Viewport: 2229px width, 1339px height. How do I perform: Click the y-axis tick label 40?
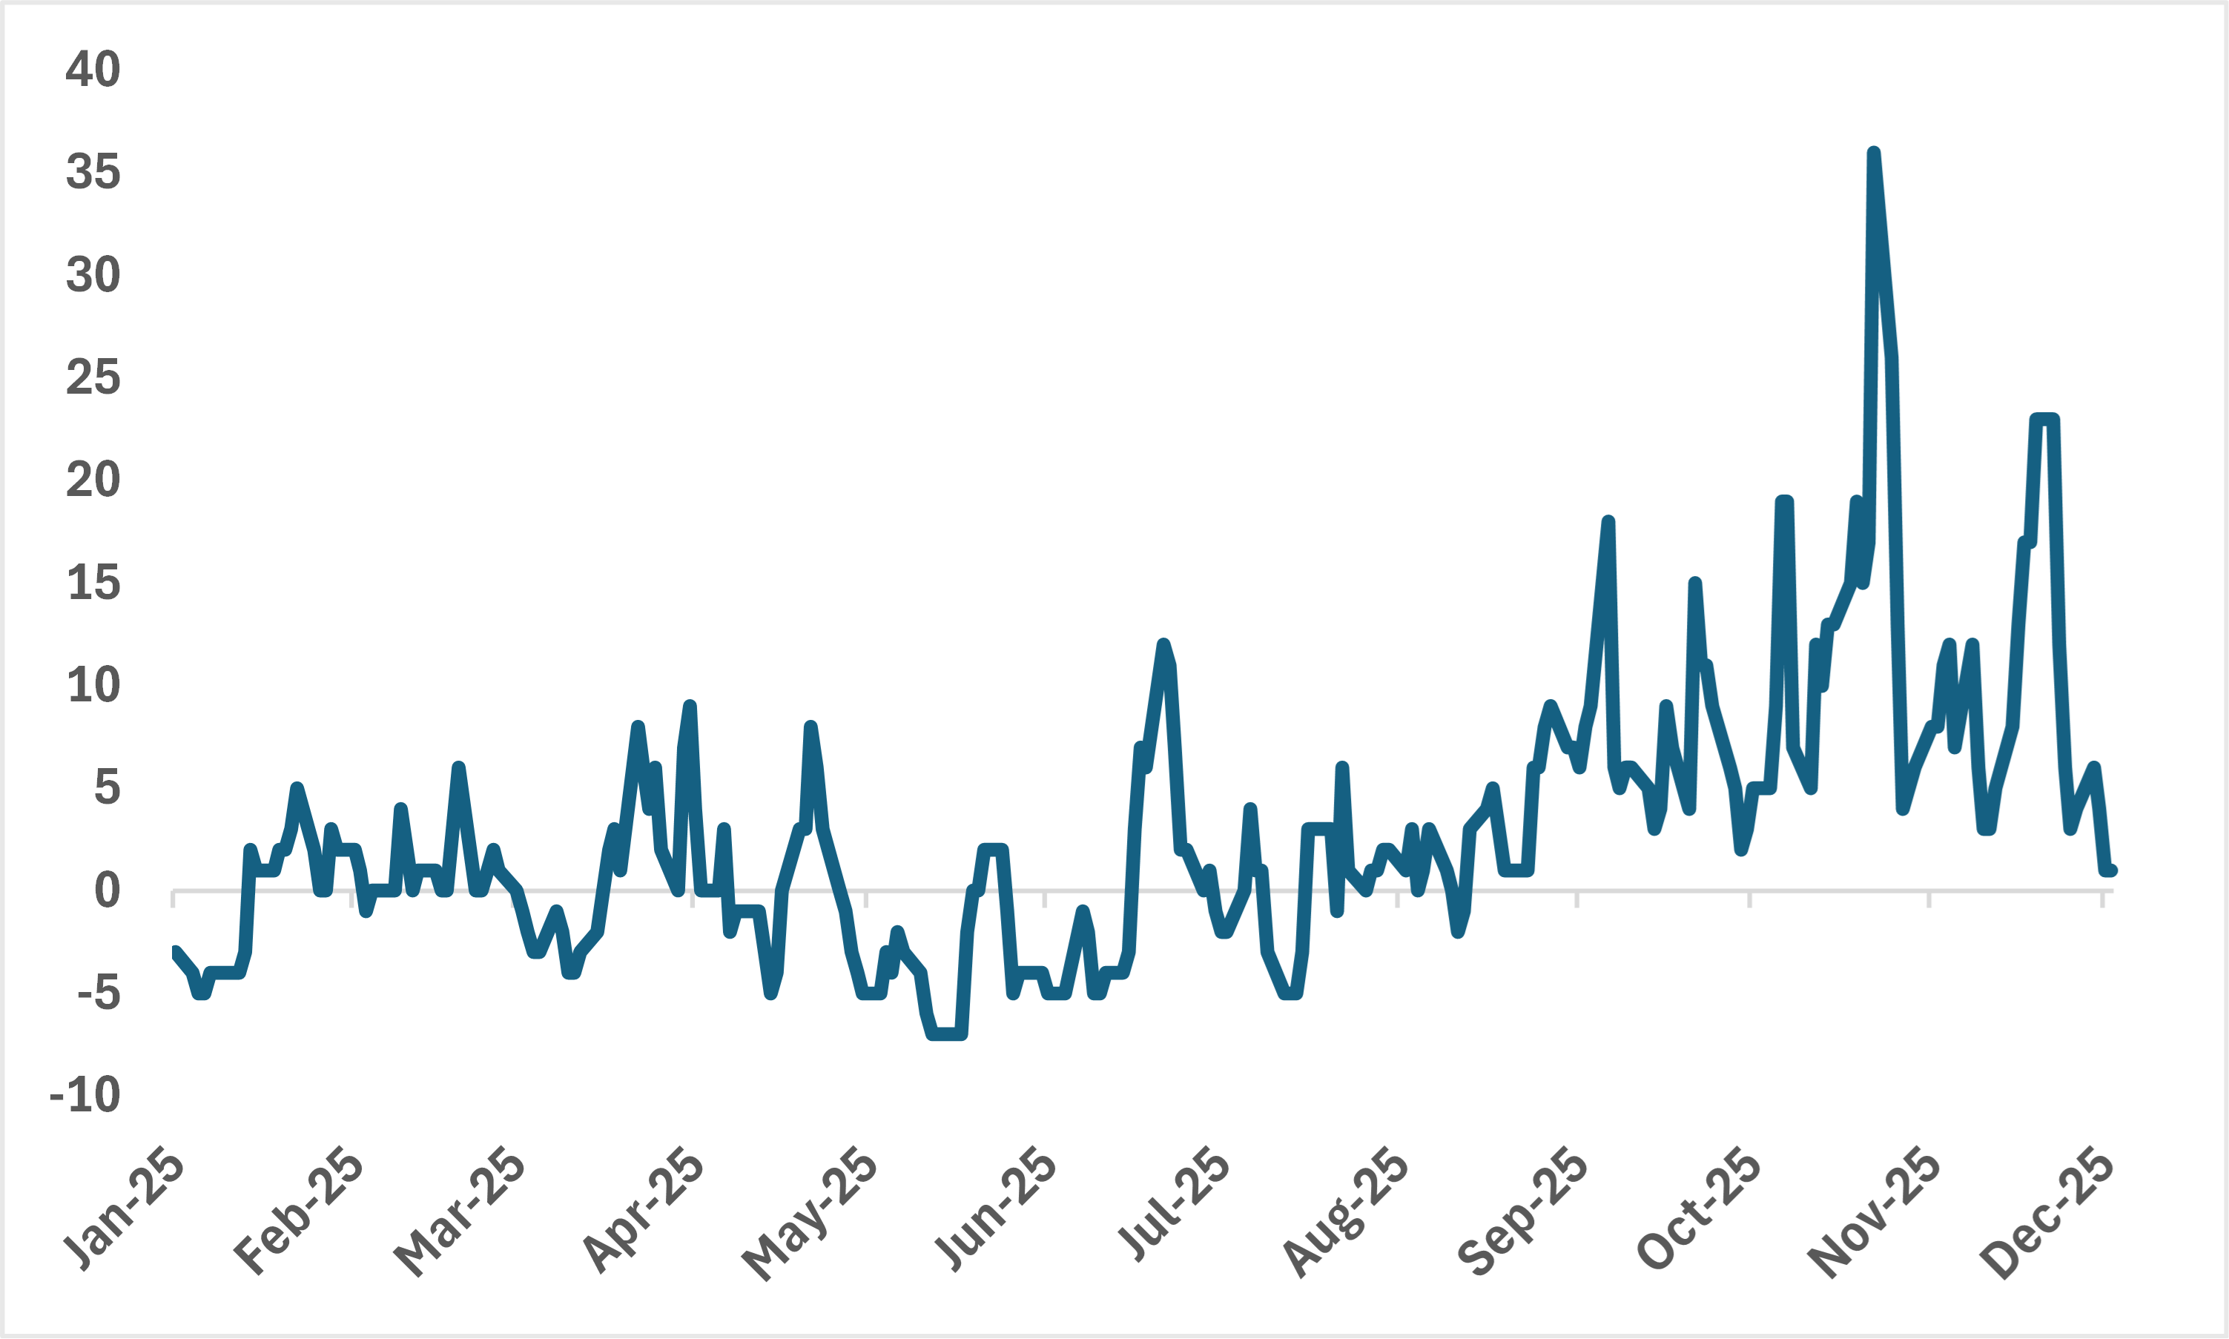point(93,70)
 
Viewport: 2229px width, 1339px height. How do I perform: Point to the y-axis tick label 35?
point(93,171)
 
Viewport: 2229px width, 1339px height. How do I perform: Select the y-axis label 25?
point(93,377)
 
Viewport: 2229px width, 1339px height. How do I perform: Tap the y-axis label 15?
point(93,583)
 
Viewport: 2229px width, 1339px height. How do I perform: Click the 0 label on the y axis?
point(107,891)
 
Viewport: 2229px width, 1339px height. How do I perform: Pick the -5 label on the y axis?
point(99,993)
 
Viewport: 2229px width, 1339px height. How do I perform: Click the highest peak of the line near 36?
point(1875,153)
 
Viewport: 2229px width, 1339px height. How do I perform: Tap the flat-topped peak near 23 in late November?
point(2044,420)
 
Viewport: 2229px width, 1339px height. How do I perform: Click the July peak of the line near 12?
point(1163,644)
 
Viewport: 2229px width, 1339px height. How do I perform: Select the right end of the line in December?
point(2111,870)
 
